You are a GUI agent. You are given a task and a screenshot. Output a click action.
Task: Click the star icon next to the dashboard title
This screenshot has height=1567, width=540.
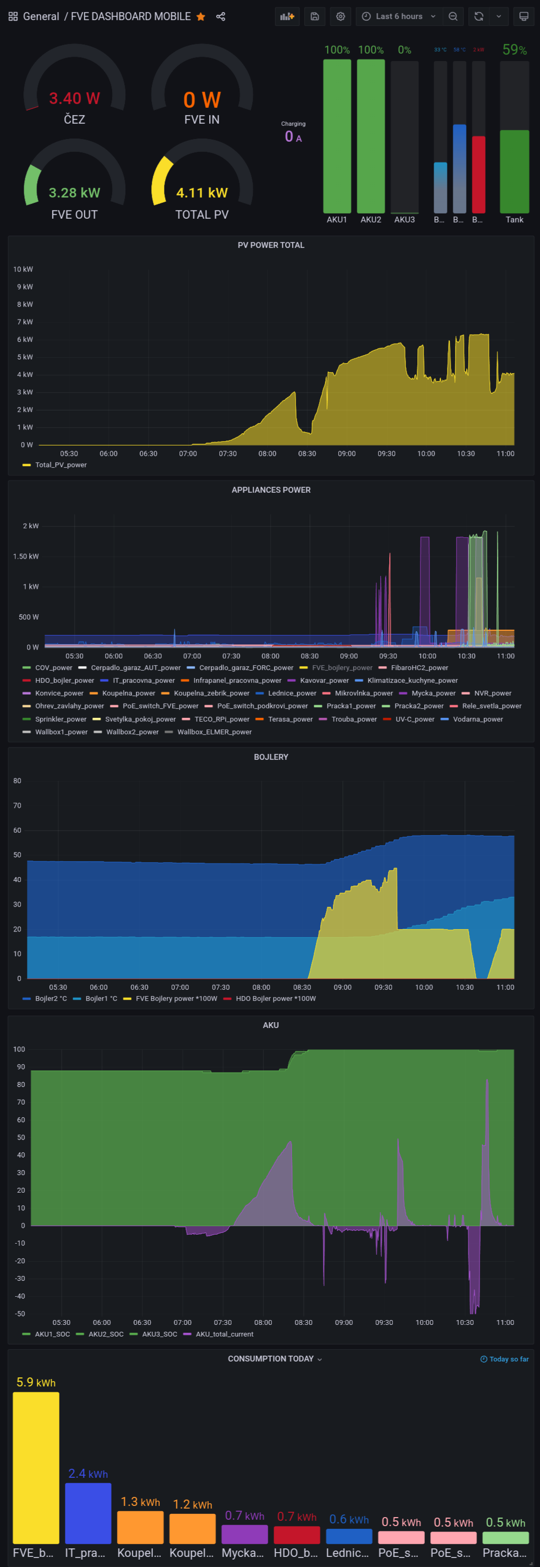tap(201, 16)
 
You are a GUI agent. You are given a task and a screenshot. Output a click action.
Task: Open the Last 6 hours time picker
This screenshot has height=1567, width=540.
tap(399, 16)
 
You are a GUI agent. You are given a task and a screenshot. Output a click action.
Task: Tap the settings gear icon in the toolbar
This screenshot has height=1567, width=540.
tap(340, 16)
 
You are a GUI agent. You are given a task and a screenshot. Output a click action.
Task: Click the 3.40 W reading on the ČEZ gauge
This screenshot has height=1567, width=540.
tap(74, 99)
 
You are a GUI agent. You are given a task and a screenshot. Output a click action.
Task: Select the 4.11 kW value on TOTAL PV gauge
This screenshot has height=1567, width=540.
tap(202, 193)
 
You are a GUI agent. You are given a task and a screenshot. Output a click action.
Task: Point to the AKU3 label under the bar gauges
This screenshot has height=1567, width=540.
tap(405, 220)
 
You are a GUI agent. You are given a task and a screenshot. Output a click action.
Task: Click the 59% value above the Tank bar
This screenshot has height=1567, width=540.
tap(515, 50)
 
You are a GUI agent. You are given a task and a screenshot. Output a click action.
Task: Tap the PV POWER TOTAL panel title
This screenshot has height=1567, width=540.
tap(271, 245)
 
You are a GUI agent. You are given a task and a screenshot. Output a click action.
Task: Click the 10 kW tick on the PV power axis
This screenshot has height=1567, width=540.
tap(23, 269)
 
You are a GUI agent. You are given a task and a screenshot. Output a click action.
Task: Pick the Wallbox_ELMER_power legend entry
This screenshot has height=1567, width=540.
tap(214, 732)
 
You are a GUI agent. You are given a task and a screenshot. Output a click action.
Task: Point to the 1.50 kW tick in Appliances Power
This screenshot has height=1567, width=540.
tap(25, 556)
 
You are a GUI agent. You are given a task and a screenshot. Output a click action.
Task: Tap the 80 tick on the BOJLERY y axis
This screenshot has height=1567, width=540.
tap(17, 781)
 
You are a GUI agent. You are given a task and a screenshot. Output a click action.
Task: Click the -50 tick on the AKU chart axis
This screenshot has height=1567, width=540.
tap(20, 1313)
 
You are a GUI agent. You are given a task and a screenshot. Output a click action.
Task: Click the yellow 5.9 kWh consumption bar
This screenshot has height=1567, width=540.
tap(36, 1467)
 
